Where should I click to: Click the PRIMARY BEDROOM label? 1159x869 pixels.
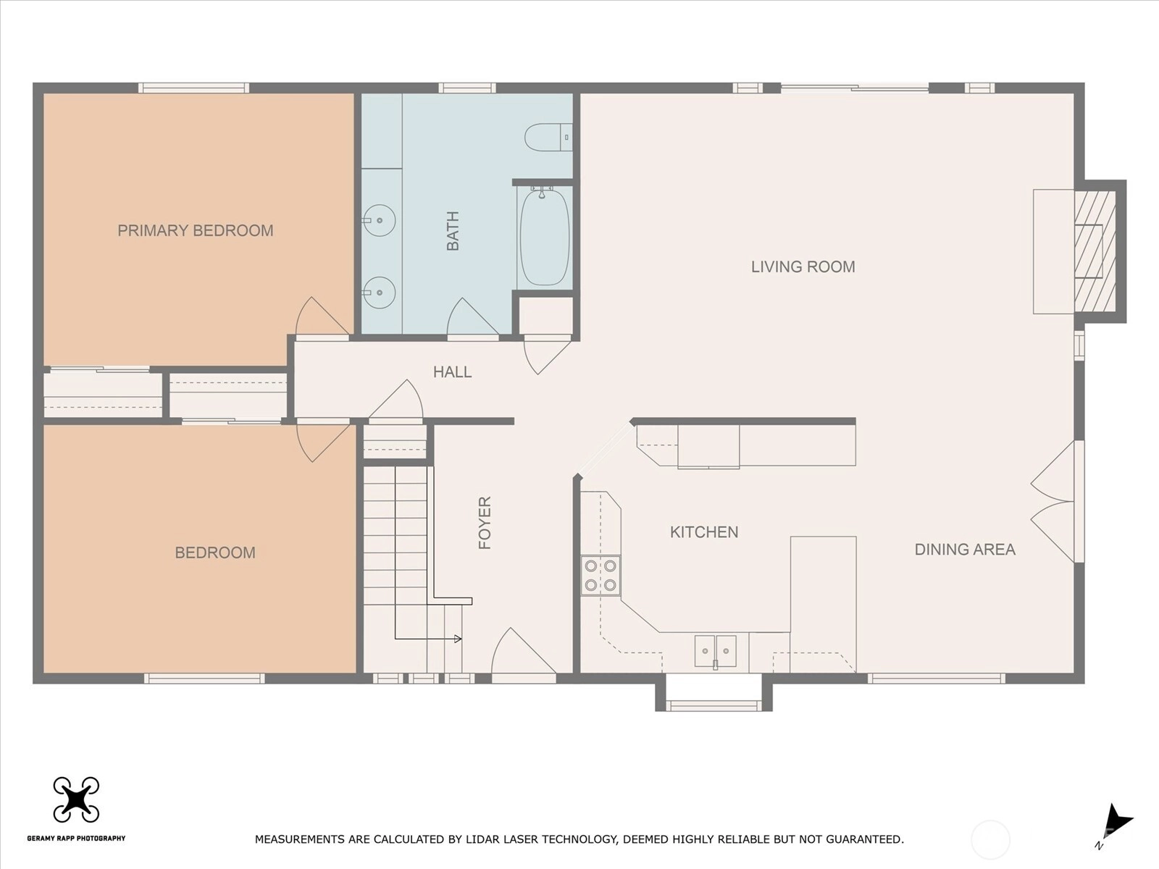196,230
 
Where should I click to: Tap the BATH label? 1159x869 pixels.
453,230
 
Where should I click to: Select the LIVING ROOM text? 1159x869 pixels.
803,267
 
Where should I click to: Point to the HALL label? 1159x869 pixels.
453,372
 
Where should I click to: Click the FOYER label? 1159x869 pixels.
485,522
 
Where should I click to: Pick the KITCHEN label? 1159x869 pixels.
704,532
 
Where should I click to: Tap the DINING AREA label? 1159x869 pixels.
965,550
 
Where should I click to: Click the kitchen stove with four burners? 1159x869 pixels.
601,576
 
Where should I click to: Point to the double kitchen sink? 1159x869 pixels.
716,652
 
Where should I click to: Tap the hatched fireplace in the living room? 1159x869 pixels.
1095,251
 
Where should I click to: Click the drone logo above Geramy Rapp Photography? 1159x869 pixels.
76,799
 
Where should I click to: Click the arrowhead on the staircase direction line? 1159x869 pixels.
458,639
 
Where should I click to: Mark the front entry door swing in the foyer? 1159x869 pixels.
523,651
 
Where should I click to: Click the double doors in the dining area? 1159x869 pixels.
1053,502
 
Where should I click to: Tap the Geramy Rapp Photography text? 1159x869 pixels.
76,838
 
